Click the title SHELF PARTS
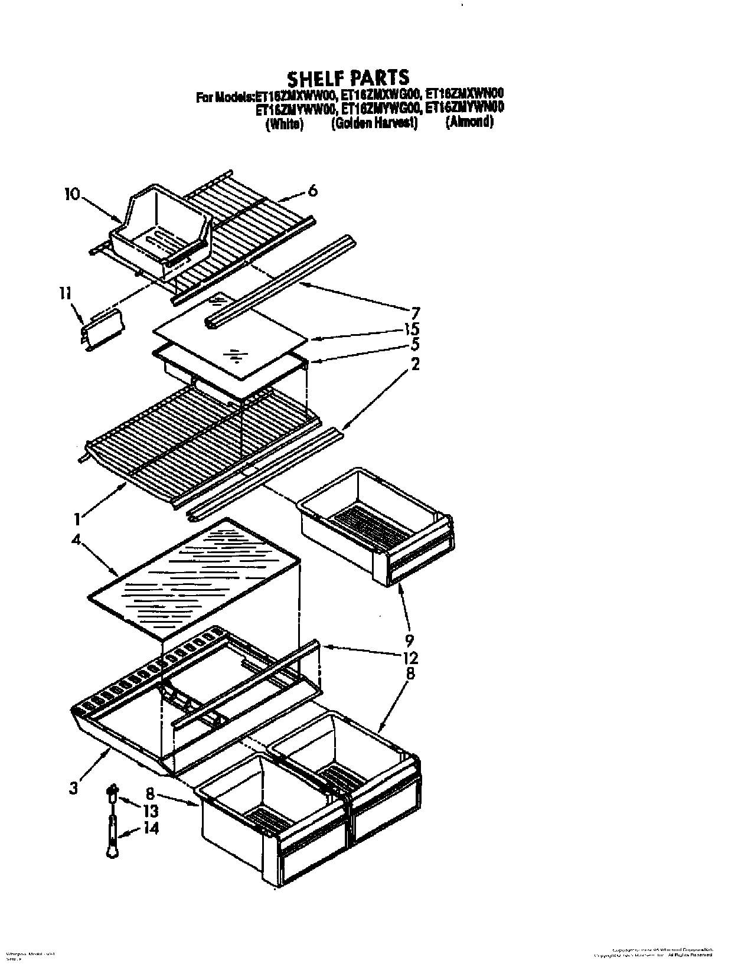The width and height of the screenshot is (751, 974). [x=348, y=77]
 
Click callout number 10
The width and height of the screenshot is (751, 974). [x=71, y=194]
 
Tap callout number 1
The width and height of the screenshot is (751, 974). [x=77, y=519]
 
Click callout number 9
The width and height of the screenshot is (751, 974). [x=410, y=640]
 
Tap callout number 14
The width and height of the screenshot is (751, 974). [x=151, y=829]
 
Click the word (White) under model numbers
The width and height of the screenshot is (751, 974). [x=285, y=124]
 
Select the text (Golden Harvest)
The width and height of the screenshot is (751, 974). [x=374, y=123]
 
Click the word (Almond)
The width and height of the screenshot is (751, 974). [x=469, y=122]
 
